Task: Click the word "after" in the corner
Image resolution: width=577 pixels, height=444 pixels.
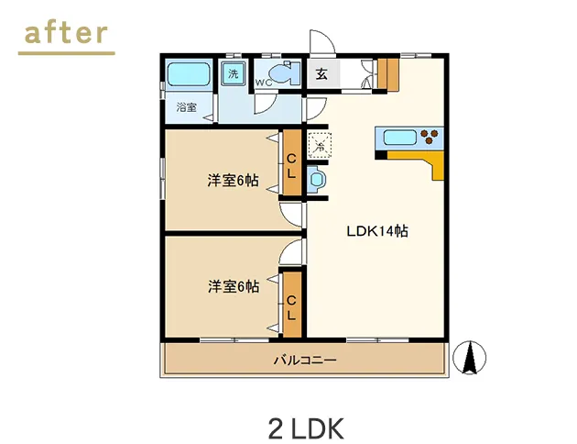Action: (66, 33)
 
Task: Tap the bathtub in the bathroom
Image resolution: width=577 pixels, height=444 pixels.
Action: (188, 73)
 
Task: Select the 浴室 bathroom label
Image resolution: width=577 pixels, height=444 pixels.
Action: (187, 107)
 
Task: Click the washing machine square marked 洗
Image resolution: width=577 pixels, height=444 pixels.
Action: (234, 73)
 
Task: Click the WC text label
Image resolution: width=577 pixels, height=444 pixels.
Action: (262, 83)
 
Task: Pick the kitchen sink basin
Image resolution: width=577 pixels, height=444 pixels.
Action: (399, 139)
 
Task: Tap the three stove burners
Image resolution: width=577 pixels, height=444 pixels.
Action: (430, 139)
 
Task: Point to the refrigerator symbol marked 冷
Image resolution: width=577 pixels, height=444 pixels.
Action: (320, 145)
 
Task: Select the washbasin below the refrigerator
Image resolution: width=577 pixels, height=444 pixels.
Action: (318, 180)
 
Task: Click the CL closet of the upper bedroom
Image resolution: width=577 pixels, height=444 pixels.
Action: (291, 164)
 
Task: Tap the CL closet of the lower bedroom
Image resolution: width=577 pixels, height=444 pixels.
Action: (291, 305)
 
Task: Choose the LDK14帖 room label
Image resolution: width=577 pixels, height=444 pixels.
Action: (376, 231)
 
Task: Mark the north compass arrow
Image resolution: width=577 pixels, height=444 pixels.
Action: (471, 358)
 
